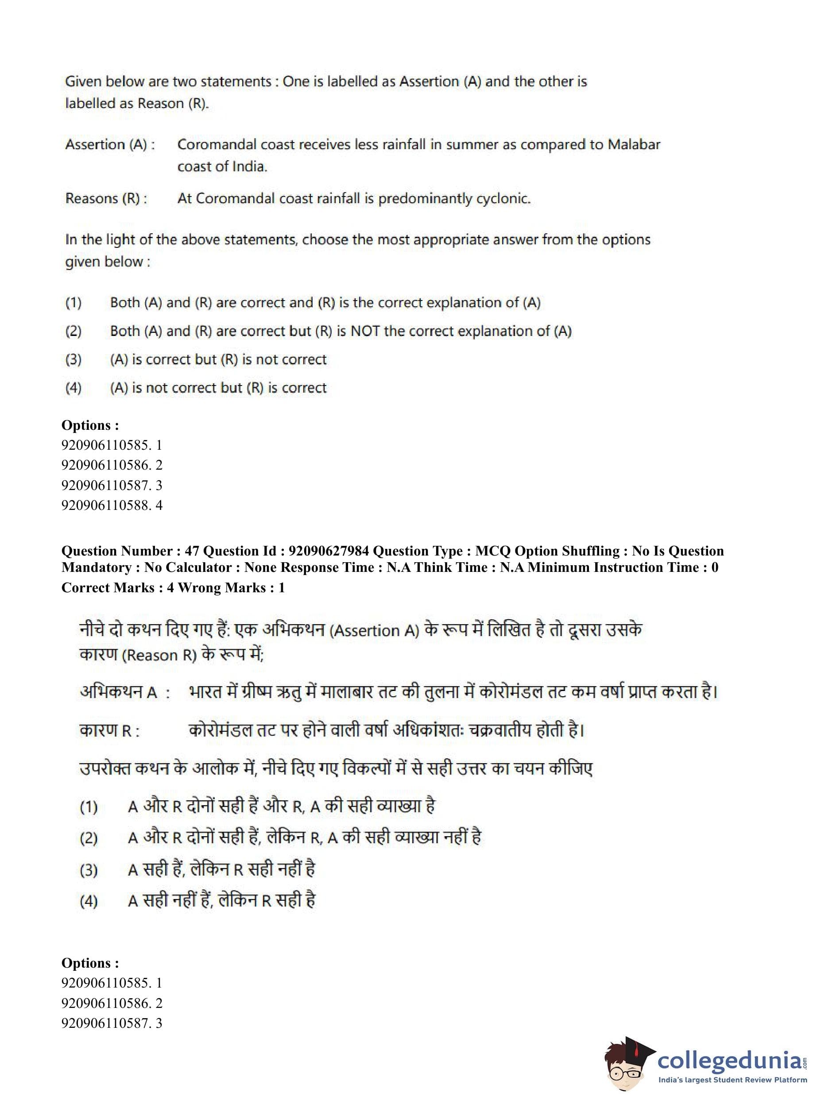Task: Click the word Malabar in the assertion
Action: tap(634, 145)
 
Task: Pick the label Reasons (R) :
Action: tap(106, 199)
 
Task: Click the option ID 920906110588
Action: tap(106, 505)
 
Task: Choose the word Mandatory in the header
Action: tap(97, 567)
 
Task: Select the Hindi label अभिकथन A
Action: tap(119, 693)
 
